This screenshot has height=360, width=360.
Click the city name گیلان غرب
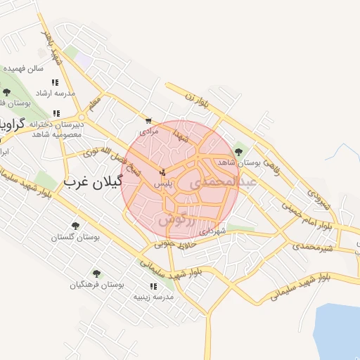tap(94, 182)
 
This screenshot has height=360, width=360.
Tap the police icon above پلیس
tap(163, 172)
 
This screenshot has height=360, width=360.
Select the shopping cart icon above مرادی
tap(148, 121)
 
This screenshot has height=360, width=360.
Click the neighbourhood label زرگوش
tap(175, 220)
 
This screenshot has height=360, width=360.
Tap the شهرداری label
tap(211, 231)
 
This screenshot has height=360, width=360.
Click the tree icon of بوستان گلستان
tap(75, 226)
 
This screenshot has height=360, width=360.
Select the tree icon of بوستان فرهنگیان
tap(96, 274)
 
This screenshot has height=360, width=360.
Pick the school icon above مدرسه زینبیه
tap(153, 286)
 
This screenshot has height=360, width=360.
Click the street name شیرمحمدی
tap(314, 247)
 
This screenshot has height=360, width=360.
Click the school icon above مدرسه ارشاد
tap(55, 82)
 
